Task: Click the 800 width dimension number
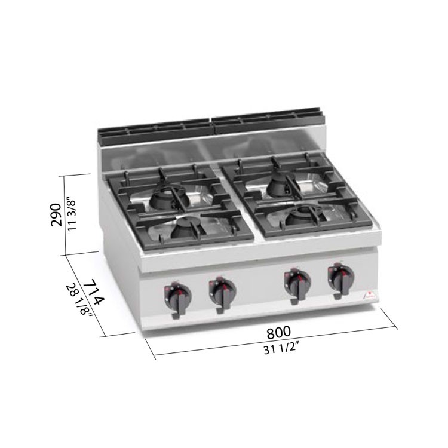click(x=278, y=332)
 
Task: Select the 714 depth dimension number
click(x=94, y=292)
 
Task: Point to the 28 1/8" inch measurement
click(x=79, y=300)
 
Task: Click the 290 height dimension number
click(x=56, y=215)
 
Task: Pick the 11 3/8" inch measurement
click(x=71, y=214)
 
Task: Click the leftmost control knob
click(x=177, y=299)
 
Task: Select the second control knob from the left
click(x=222, y=293)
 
